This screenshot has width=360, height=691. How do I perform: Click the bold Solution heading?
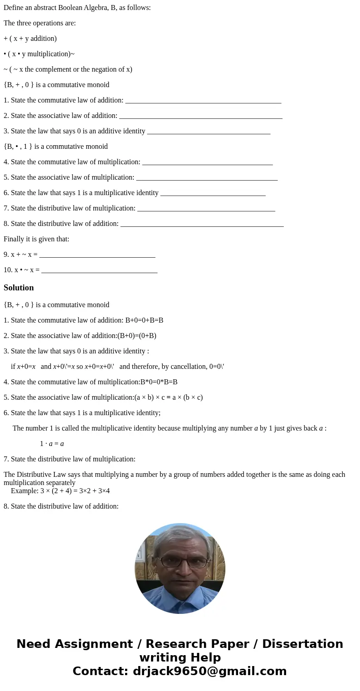(19, 288)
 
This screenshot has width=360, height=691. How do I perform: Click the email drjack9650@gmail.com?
(209, 671)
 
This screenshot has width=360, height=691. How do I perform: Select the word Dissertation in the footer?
(302, 644)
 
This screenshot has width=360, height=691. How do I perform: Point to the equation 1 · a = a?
(52, 444)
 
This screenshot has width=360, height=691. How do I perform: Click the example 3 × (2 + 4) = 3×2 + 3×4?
(75, 491)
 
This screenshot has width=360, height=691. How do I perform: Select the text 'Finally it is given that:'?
(36, 239)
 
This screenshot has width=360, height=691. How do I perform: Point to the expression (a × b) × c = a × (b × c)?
(169, 397)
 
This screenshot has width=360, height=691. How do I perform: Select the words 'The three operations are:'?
(39, 23)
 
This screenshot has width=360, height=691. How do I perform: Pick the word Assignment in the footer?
(89, 644)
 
